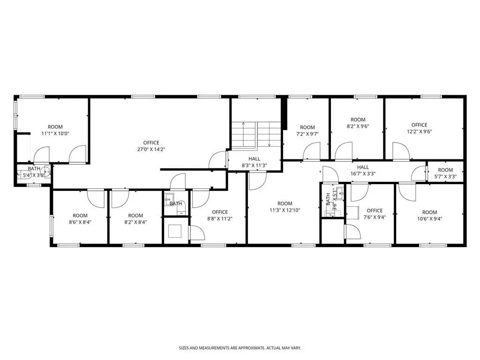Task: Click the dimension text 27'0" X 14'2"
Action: click(x=151, y=150)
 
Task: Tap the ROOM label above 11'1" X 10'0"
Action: click(x=55, y=127)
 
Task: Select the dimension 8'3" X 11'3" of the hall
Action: click(x=255, y=165)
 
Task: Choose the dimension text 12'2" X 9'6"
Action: click(x=420, y=132)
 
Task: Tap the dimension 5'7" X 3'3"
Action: click(x=445, y=176)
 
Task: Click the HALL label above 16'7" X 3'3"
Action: click(x=363, y=167)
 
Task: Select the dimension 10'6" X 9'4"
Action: click(x=429, y=218)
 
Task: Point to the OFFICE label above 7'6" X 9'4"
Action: click(x=375, y=210)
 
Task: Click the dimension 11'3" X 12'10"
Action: click(x=285, y=210)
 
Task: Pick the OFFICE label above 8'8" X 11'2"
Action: click(x=220, y=212)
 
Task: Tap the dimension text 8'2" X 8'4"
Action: click(x=135, y=222)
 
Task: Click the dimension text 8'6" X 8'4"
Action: click(x=80, y=222)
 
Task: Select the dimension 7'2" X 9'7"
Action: click(x=307, y=134)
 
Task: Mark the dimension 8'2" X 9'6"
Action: click(x=358, y=126)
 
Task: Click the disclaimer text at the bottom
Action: click(x=240, y=348)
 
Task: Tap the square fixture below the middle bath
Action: click(x=174, y=231)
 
